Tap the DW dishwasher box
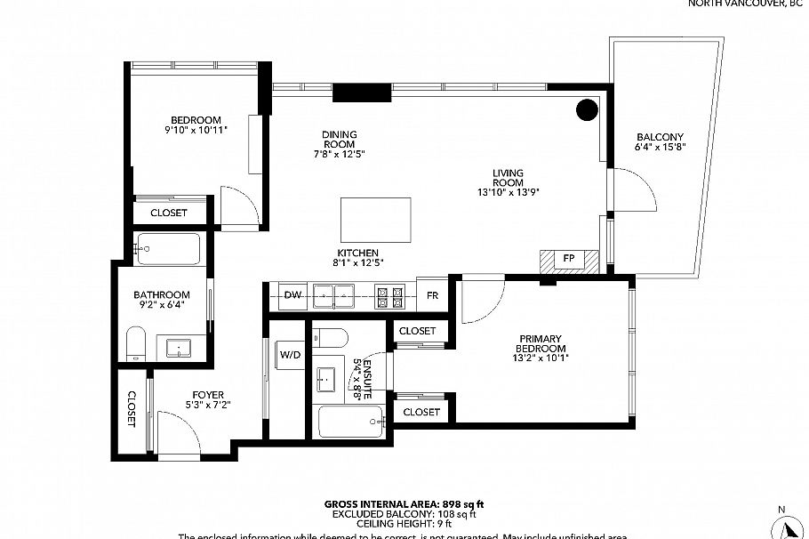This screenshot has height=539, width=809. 292,295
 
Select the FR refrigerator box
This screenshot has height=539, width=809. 432,295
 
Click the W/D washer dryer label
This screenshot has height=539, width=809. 290,354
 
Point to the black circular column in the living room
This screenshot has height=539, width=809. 587,109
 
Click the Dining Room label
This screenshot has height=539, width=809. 339,140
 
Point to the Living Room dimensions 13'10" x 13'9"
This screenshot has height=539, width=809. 509,190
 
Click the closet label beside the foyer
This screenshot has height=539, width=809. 132,409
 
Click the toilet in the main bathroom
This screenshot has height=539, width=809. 135,343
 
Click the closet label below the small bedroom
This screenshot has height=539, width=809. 168,213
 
